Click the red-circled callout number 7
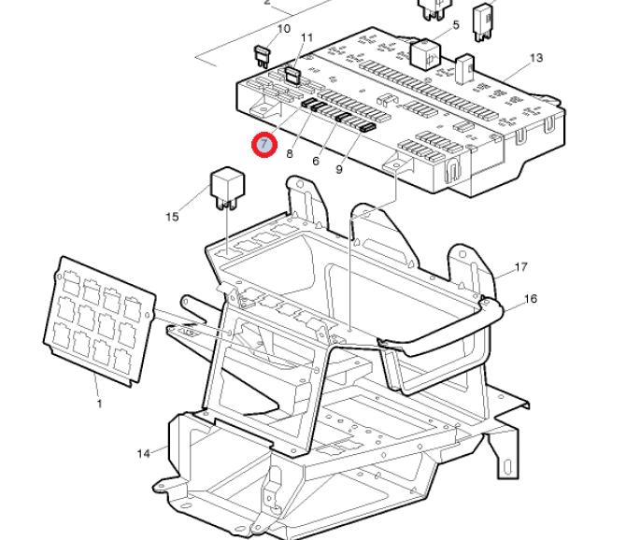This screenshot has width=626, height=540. click(x=265, y=144)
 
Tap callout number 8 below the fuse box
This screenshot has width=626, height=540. click(x=291, y=153)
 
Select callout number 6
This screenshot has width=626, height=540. click(x=316, y=161)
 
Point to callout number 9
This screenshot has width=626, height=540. click(x=339, y=169)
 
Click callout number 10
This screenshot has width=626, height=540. click(x=283, y=29)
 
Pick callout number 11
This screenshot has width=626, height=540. click(x=307, y=37)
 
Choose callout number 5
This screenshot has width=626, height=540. click(x=456, y=24)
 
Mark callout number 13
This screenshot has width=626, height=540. click(x=535, y=58)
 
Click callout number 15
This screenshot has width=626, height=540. click(x=172, y=217)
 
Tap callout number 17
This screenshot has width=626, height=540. click(x=520, y=267)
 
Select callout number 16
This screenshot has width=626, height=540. click(x=530, y=299)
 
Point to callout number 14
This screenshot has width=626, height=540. click(x=144, y=453)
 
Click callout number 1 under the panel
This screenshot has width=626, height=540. click(x=99, y=404)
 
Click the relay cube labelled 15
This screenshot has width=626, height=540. click(x=228, y=183)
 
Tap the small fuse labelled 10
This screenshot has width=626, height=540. click(x=262, y=53)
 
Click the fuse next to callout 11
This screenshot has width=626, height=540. click(x=292, y=72)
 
